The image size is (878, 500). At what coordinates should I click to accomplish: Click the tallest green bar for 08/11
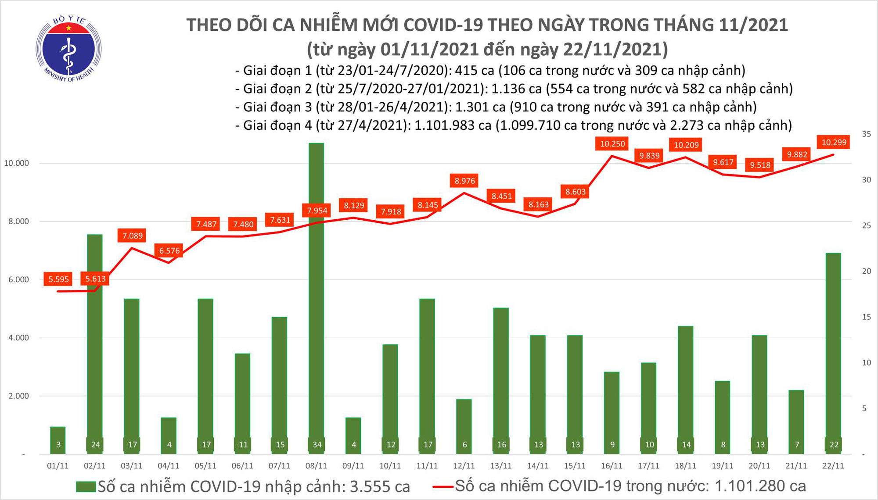317,298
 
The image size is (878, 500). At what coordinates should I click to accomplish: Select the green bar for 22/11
833,353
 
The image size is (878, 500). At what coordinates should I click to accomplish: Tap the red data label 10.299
834,142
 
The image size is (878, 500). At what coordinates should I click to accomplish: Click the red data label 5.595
58,279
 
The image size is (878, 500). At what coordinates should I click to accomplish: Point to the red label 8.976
464,181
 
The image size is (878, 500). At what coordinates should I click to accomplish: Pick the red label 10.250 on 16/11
612,144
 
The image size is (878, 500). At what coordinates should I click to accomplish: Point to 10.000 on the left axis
16,163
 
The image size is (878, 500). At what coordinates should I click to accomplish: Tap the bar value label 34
317,445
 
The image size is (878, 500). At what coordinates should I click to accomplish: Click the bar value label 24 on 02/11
95,445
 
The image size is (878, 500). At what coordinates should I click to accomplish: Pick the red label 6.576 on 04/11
169,251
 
